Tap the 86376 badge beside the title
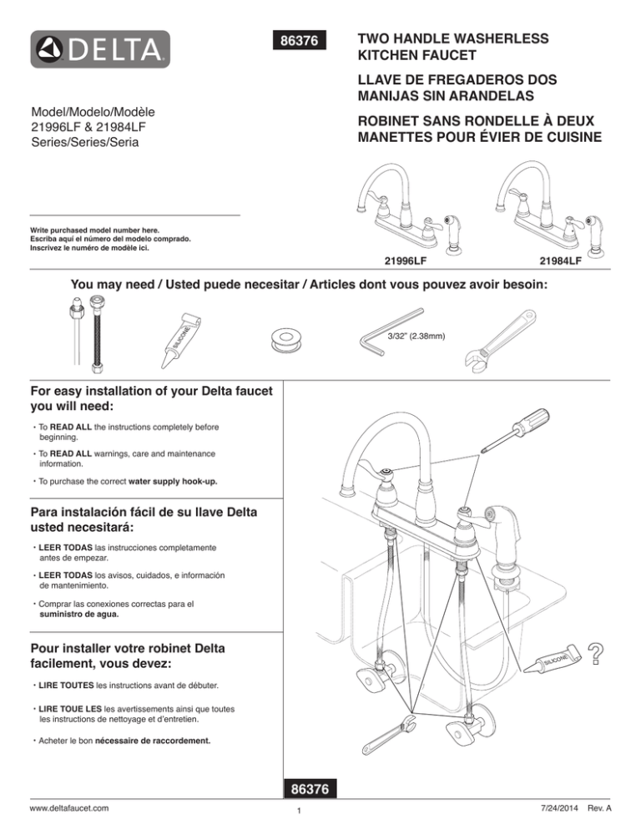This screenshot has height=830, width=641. (301, 40)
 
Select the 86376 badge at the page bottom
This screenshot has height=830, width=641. (310, 788)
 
